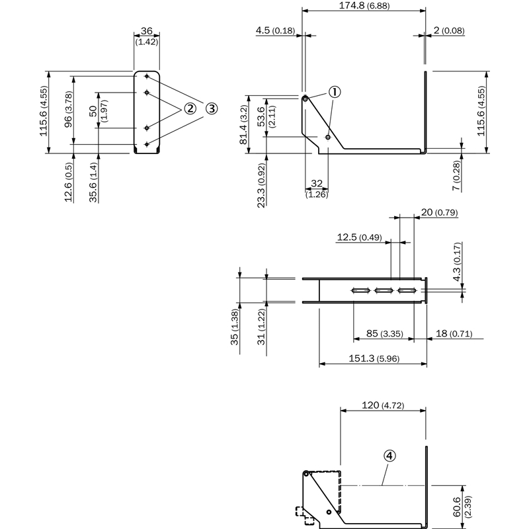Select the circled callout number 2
190,108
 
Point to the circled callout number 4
390,456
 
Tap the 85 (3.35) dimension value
383,334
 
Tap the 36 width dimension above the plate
147,31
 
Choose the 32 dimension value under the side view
317,183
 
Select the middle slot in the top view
383,290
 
